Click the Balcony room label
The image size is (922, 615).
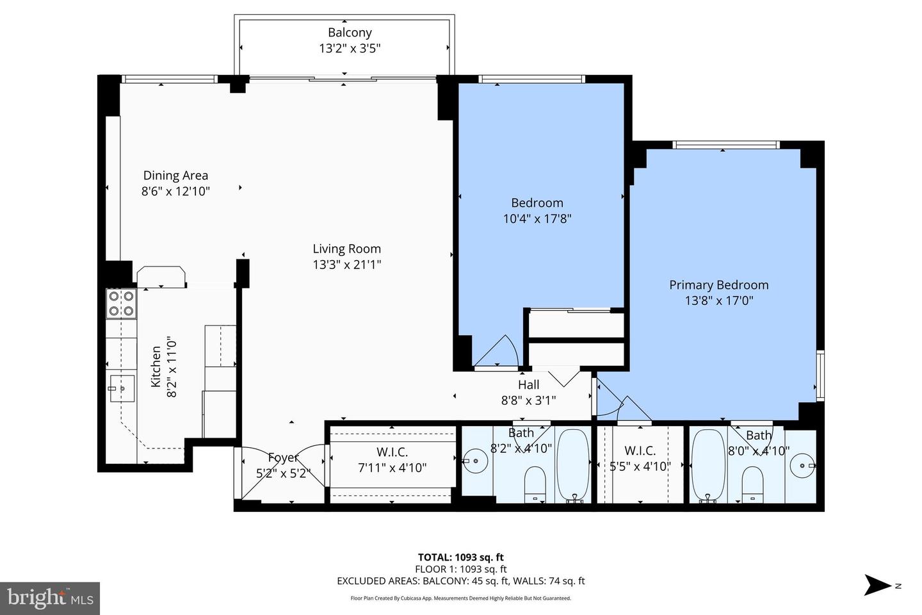[350, 33]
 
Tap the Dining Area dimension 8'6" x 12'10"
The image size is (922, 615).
[175, 191]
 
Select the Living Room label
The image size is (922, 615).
[346, 249]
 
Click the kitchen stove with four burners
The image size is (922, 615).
[121, 304]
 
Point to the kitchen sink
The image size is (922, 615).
[121, 388]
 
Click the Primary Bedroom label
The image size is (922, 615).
[718, 285]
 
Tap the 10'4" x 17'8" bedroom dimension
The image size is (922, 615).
[537, 218]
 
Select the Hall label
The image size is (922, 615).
[528, 384]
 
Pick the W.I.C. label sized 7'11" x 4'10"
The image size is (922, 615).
[392, 452]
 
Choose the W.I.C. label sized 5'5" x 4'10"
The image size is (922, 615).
[640, 451]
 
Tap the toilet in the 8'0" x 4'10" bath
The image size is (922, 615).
[752, 483]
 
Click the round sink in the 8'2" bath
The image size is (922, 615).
[474, 461]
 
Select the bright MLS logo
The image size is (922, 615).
[49, 598]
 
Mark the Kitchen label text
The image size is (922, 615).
[156, 366]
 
